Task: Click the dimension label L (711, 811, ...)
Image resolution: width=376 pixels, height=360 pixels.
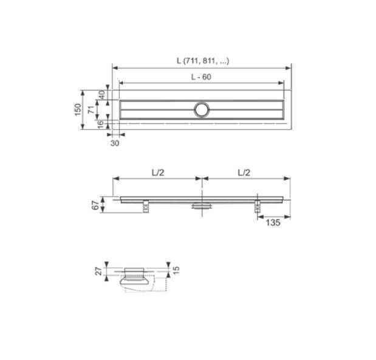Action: [x=203, y=61]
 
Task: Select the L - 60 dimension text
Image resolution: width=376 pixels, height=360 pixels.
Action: [x=201, y=76]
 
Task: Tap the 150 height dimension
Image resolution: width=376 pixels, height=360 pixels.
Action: [x=78, y=110]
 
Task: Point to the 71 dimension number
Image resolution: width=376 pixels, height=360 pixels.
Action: [x=91, y=110]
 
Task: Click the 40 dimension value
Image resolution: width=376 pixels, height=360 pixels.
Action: [x=101, y=95]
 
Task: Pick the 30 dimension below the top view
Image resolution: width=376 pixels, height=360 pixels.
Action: [x=115, y=143]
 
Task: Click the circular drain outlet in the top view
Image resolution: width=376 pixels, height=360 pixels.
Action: [x=202, y=110]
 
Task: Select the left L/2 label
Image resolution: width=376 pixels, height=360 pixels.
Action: [x=158, y=172]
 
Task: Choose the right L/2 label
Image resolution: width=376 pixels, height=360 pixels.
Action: [x=244, y=172]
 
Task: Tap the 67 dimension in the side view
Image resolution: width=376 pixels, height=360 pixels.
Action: [x=95, y=205]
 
